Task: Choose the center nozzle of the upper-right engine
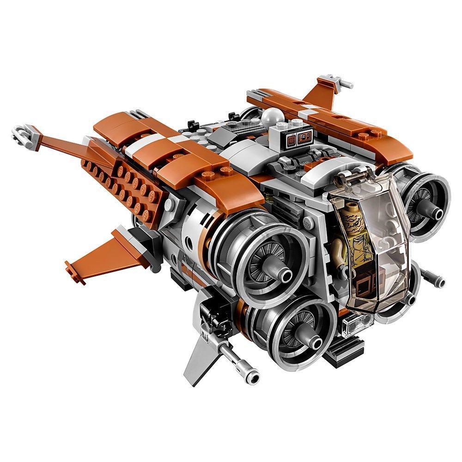click(x=435, y=211)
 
